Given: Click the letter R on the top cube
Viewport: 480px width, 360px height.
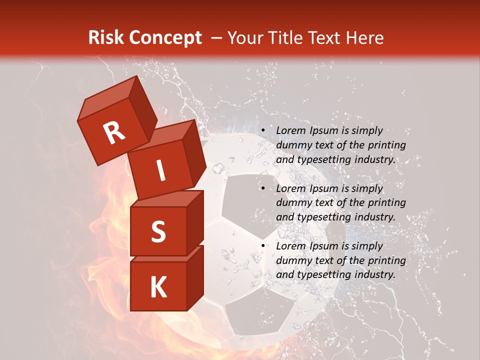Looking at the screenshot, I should [114, 132].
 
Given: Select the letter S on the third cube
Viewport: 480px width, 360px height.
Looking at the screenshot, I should [158, 231].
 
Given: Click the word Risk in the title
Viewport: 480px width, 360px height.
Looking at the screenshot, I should [106, 37].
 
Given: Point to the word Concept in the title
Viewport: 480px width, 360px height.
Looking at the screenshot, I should [165, 37].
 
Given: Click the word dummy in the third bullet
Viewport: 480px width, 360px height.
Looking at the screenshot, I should [294, 260].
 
